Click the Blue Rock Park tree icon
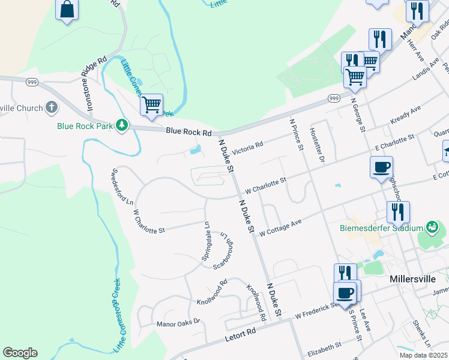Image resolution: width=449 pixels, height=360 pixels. point(122,125)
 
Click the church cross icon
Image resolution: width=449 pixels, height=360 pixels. point(52,108)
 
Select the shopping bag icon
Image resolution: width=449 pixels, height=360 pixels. point(67,10)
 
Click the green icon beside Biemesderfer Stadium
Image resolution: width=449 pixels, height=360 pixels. point(431,227)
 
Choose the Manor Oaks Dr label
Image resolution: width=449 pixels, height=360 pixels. point(178,323)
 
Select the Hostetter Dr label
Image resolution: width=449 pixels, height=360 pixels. point(317,146)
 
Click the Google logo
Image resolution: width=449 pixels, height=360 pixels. point(20,353)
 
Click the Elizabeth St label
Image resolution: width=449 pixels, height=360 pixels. point(324,346)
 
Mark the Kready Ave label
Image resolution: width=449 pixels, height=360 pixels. point(406,115)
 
